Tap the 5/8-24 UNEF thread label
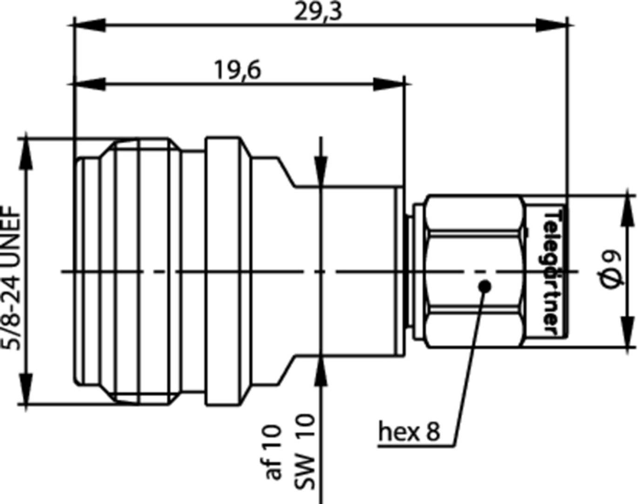tap(13, 279)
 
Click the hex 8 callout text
tap(409, 431)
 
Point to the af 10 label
tap(273, 451)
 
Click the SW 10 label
tap(305, 451)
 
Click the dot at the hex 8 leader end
tap(484, 285)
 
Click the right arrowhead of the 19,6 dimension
tap(389, 84)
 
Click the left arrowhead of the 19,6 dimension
tap(89, 84)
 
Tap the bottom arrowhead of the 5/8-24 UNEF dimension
tap(26, 389)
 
